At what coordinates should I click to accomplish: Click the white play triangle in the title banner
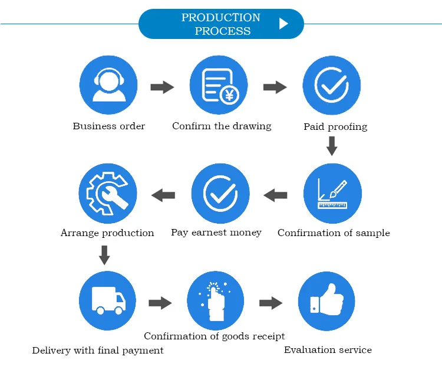283,24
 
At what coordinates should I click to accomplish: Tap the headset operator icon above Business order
108,86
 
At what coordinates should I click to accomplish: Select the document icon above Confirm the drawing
219,86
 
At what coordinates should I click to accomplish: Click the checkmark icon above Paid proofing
331,86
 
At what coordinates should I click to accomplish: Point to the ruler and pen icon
332,194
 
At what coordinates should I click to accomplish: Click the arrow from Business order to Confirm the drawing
162,88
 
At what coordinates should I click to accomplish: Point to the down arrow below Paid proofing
332,146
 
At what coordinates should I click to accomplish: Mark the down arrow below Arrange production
104,255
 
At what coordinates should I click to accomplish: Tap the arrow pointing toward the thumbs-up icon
271,303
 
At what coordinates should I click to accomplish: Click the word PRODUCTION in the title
220,18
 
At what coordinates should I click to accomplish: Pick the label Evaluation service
328,350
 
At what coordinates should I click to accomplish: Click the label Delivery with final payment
98,351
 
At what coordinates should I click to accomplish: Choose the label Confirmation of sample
334,233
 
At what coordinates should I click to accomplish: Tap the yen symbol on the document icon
229,95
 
